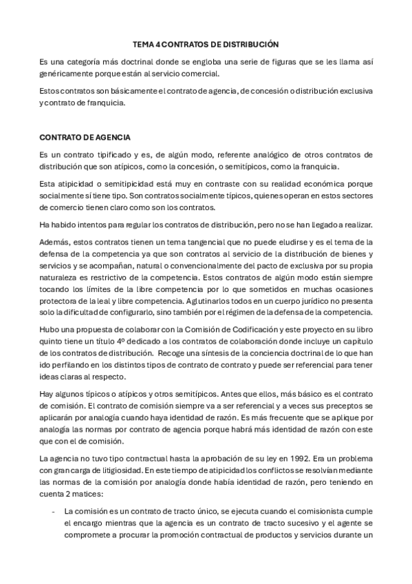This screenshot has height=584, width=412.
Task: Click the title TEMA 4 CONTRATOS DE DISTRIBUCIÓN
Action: point(206,43)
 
